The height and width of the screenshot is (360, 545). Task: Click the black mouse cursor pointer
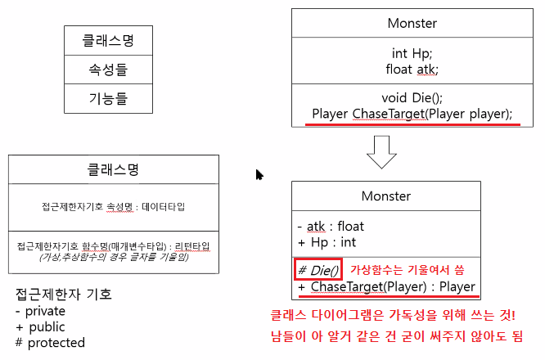259,174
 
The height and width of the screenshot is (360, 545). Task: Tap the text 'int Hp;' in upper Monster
412,53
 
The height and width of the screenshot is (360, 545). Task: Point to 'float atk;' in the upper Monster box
412,69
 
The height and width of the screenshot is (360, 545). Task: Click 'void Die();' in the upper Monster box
412,97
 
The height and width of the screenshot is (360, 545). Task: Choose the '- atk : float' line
331,226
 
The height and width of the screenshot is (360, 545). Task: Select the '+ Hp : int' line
327,242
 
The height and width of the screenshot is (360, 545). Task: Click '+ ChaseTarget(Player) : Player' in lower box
386,287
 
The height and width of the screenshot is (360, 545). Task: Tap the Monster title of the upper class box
412,24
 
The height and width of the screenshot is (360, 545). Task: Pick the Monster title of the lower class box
386,196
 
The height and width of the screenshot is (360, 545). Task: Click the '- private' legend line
40,311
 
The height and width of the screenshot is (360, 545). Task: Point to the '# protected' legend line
50,342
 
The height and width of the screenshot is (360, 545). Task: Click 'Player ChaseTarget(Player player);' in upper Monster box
412,113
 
